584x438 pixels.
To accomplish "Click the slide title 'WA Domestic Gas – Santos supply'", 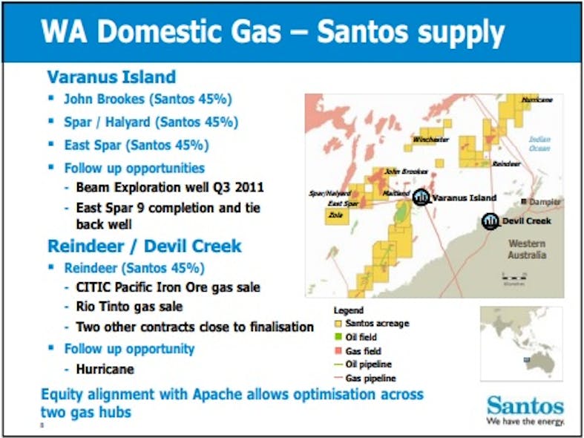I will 272,33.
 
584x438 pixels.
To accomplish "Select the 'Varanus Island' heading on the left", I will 111,76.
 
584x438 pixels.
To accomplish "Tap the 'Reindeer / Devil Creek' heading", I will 145,246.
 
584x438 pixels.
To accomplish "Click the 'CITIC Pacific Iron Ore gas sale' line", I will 168,287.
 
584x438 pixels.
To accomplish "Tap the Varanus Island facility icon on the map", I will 421,197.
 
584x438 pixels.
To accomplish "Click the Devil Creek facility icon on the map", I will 491,221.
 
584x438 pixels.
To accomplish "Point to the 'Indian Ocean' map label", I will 539,143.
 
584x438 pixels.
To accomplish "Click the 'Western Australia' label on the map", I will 527,249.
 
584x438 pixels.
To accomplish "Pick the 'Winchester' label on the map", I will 430,139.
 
